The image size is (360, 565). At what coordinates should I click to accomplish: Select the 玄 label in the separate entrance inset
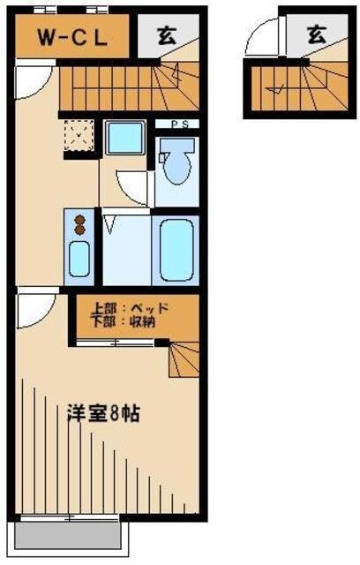click(318, 34)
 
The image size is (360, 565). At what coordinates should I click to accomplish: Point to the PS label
click(176, 124)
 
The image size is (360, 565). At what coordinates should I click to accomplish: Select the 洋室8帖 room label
click(104, 413)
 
